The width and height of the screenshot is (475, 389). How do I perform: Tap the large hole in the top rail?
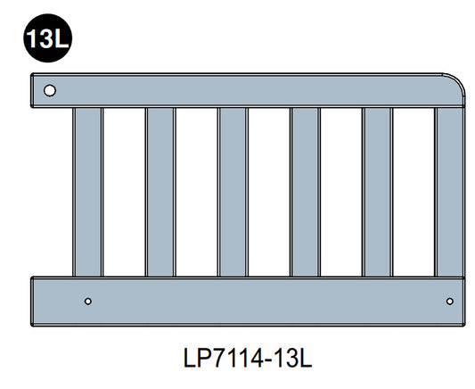tap(50, 90)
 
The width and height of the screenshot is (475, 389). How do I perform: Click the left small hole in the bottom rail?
tap(87, 300)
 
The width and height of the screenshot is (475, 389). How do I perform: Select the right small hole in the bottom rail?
tap(448, 300)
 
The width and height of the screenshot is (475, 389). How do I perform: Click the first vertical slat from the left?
tap(87, 192)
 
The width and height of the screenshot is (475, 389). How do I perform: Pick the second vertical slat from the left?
tap(160, 192)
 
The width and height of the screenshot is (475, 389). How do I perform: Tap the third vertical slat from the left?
tap(233, 192)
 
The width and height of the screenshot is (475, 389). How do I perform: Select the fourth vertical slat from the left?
tap(305, 192)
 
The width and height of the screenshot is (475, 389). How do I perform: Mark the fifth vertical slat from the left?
tap(377, 192)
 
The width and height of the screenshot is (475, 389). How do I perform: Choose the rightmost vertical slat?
tap(450, 192)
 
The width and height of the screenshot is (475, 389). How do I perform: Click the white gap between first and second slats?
tap(124, 192)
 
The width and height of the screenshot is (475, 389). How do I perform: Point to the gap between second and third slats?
tap(196, 192)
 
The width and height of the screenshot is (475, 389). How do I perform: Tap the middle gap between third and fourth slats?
tap(268, 192)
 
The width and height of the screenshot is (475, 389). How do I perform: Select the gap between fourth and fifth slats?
tap(340, 192)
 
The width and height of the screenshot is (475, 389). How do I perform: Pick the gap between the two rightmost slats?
tap(414, 192)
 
